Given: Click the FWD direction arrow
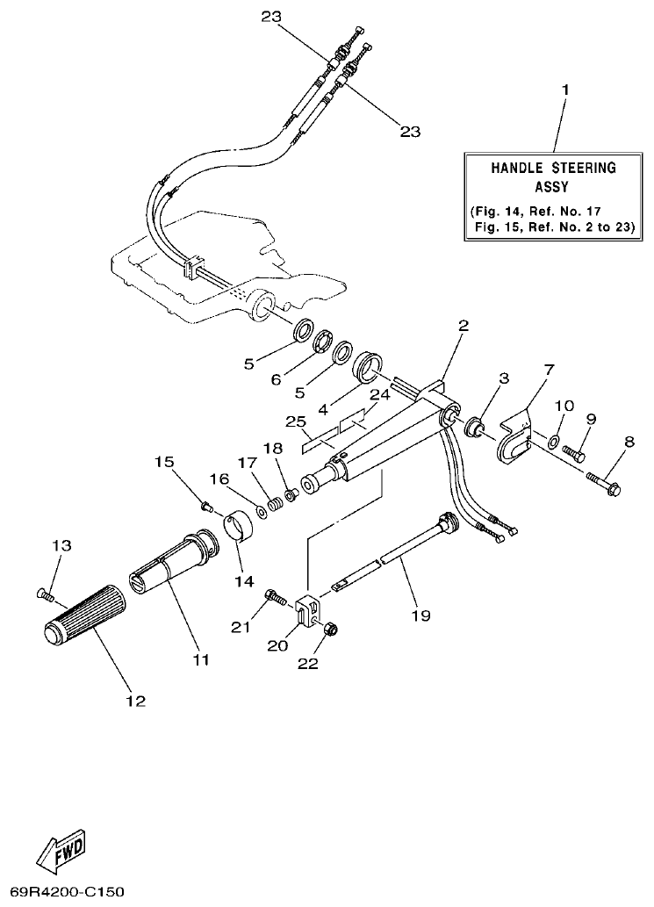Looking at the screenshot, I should click(61, 850).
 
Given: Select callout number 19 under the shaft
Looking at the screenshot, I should click(420, 615).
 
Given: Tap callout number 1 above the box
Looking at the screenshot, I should click(565, 90).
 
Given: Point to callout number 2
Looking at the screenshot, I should click(463, 326).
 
